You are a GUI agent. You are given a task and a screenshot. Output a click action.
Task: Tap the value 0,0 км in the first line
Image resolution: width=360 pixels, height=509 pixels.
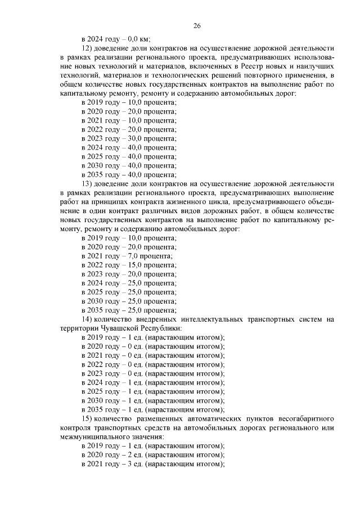pos(132,39)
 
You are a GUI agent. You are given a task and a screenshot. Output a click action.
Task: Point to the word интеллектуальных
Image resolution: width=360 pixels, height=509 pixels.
pos(189,319)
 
